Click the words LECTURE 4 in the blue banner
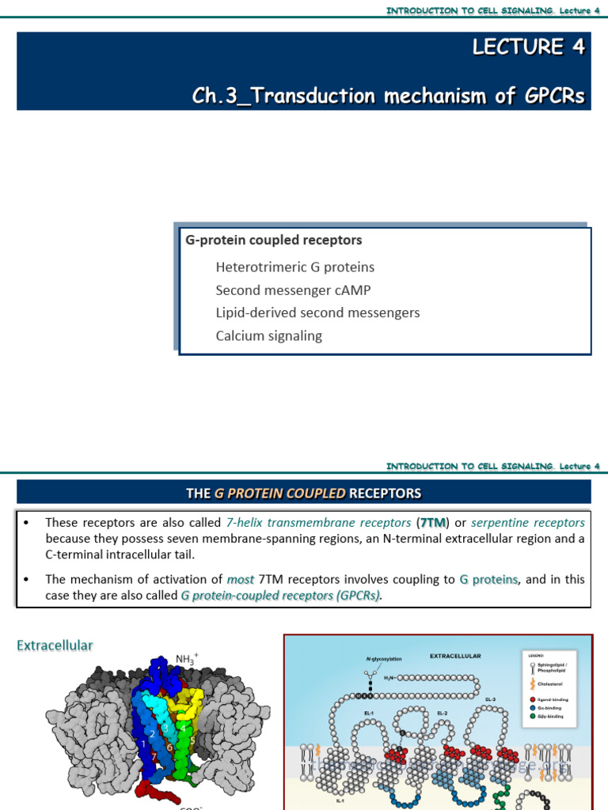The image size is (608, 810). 528,47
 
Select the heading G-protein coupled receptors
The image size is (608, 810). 273,240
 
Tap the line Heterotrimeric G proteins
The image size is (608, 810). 294,267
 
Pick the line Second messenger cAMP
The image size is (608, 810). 293,290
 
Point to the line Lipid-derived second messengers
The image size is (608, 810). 317,312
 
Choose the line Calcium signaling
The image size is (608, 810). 268,335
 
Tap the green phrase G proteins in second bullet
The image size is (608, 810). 488,579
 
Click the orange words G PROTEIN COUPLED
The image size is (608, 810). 279,494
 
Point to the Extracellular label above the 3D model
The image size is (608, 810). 55,645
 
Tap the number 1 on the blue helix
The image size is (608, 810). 143,744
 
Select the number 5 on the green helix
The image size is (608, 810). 192,740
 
